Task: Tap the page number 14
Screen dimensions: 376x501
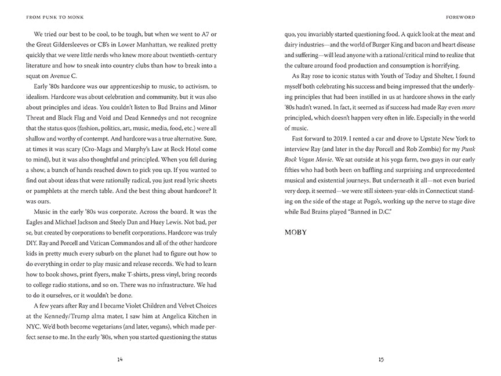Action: click(x=120, y=359)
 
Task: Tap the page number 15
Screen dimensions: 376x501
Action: click(x=380, y=359)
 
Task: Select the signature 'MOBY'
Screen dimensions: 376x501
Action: click(x=296, y=232)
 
